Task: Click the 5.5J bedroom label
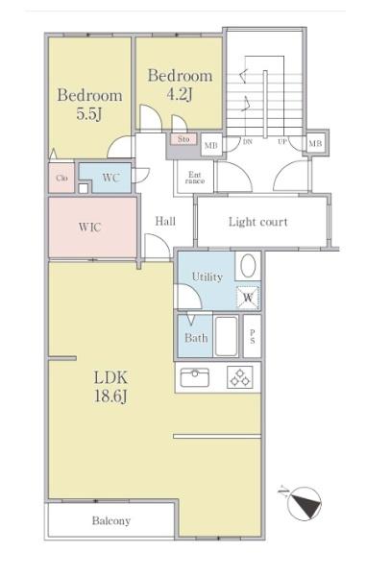click(x=89, y=105)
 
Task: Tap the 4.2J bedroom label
click(x=180, y=84)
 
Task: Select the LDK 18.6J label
click(x=110, y=387)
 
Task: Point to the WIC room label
click(x=89, y=227)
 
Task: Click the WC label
click(x=110, y=178)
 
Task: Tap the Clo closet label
click(x=61, y=179)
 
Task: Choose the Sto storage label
click(x=183, y=139)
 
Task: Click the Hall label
click(x=165, y=221)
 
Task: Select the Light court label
click(x=258, y=222)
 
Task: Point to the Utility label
click(x=207, y=277)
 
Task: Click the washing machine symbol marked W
click(x=248, y=298)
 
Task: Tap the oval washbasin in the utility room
click(x=248, y=266)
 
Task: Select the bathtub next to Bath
click(x=226, y=336)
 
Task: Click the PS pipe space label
click(x=253, y=337)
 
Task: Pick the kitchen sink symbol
click(x=195, y=377)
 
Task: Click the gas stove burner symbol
click(x=240, y=377)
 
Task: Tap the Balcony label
click(x=111, y=521)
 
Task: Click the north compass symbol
click(x=305, y=504)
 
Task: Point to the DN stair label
click(x=248, y=142)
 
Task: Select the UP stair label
click(x=282, y=141)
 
